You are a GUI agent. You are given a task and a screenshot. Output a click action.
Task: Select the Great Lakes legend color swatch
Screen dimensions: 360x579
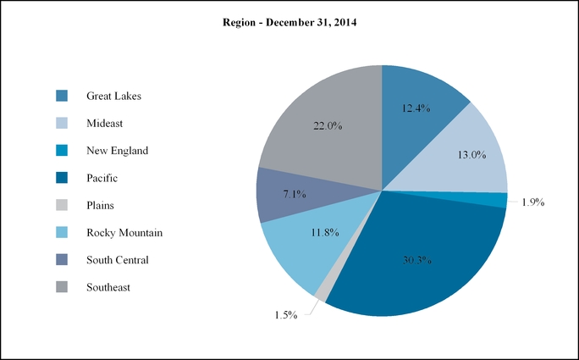click(x=62, y=96)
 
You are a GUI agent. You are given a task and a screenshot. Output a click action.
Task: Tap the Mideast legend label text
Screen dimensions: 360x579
click(x=104, y=124)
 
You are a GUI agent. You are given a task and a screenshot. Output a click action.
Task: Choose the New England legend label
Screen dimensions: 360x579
click(x=117, y=151)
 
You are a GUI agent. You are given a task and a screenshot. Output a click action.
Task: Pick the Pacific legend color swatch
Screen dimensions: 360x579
click(x=62, y=178)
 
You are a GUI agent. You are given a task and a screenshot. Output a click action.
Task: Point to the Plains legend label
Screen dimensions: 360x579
click(x=100, y=205)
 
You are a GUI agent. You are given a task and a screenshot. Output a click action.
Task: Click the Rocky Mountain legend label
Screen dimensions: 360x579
click(x=124, y=233)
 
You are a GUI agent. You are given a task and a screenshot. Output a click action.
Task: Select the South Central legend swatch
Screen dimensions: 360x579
click(x=62, y=260)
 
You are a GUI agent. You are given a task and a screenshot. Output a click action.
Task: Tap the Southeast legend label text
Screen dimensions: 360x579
click(x=108, y=288)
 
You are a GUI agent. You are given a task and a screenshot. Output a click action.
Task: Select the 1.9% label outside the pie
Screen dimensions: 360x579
click(x=532, y=202)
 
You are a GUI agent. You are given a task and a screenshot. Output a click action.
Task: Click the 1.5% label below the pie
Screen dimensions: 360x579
click(x=285, y=315)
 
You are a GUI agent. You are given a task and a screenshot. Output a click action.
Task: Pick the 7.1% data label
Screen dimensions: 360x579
click(x=294, y=194)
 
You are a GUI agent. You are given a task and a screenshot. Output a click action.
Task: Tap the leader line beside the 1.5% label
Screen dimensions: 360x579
click(x=309, y=308)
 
